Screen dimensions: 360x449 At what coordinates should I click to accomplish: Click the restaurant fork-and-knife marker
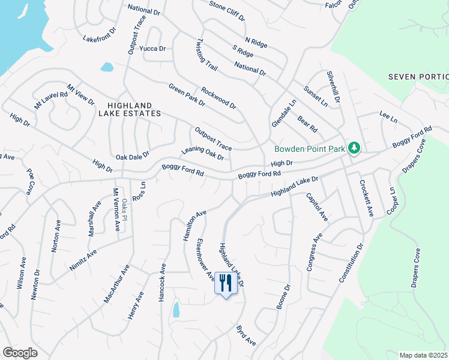(x=226, y=283)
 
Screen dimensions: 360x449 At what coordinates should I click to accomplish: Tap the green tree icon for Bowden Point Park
(x=354, y=148)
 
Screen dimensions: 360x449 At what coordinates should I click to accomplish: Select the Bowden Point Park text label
(x=310, y=149)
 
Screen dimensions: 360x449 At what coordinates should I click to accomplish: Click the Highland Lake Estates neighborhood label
(x=125, y=109)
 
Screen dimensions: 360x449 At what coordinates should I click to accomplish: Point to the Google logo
(x=20, y=353)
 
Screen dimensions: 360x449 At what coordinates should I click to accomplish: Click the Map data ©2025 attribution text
(x=424, y=355)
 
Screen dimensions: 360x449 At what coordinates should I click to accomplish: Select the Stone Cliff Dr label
(x=227, y=10)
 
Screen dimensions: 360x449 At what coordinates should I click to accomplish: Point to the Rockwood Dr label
(x=218, y=97)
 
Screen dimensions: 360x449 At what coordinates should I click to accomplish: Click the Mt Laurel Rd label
(x=50, y=98)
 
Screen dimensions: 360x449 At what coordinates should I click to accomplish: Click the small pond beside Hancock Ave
(x=176, y=310)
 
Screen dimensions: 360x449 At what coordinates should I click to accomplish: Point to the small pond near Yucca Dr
(x=107, y=67)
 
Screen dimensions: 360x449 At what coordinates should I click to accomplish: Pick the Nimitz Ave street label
(x=83, y=261)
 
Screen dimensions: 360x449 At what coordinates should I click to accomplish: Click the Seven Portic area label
(x=418, y=77)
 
